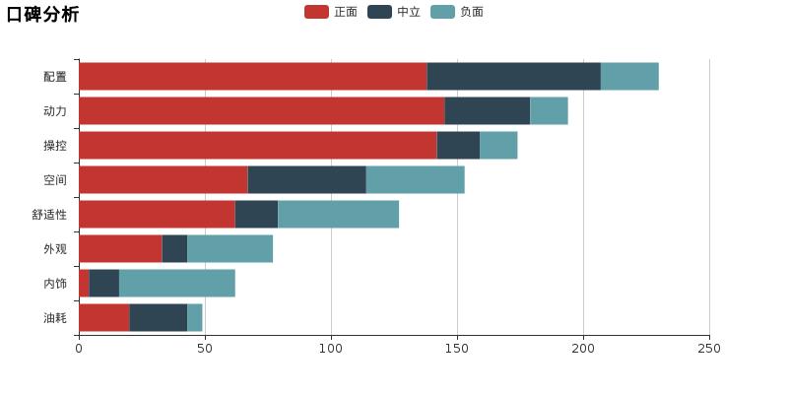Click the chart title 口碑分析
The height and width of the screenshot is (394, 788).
42,14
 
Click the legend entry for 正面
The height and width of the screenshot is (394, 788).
331,12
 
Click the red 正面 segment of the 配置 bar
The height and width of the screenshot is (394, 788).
252,77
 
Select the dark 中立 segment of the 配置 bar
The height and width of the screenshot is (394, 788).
513,77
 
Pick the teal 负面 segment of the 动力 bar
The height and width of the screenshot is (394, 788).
549,111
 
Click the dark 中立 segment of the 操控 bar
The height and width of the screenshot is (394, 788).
458,146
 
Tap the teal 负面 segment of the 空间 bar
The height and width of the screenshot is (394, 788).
415,180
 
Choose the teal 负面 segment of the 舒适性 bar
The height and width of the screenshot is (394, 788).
338,215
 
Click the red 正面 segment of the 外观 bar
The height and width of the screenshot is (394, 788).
120,249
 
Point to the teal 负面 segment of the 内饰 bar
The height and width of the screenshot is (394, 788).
176,284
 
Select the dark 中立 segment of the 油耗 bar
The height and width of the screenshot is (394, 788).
158,318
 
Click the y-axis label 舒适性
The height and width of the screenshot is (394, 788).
49,215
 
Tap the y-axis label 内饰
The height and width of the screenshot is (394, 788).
55,284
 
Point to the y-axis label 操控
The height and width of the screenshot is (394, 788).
55,146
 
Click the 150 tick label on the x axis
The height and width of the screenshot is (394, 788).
457,348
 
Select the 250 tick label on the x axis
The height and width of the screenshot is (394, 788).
709,348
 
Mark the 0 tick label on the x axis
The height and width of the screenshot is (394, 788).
79,348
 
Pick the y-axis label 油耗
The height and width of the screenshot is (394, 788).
55,318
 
